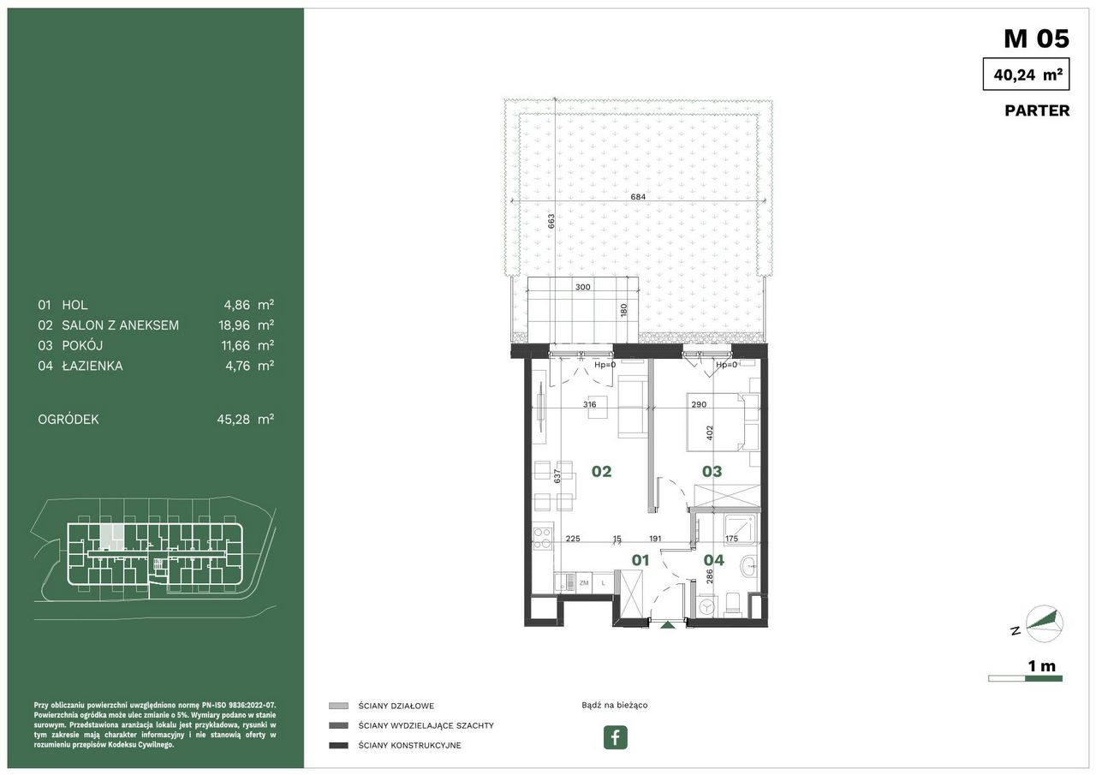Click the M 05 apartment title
(1036, 39)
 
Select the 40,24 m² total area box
(1026, 74)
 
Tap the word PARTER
(1037, 110)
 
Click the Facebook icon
(615, 737)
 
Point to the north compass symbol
(1043, 623)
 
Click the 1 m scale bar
(1025, 678)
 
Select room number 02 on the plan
(601, 471)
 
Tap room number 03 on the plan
(712, 471)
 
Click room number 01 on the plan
(640, 560)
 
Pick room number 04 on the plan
(714, 560)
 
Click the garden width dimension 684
(638, 197)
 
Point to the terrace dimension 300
(583, 287)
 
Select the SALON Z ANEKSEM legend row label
(121, 325)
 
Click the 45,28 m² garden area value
(245, 420)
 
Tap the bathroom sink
(749, 568)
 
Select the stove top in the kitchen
(543, 536)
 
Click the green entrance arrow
(666, 624)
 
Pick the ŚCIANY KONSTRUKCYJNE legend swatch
(338, 746)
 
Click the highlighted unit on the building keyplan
(112, 537)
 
